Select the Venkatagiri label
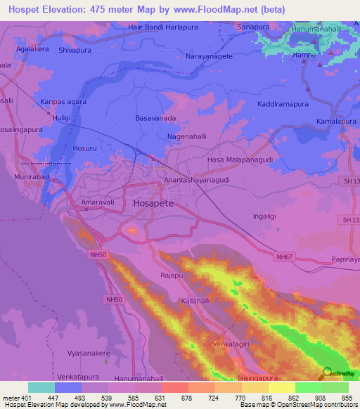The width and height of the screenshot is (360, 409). (x=231, y=344)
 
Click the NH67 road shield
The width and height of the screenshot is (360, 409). (x=284, y=257)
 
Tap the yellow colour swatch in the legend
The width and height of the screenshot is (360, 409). (x=281, y=387)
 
